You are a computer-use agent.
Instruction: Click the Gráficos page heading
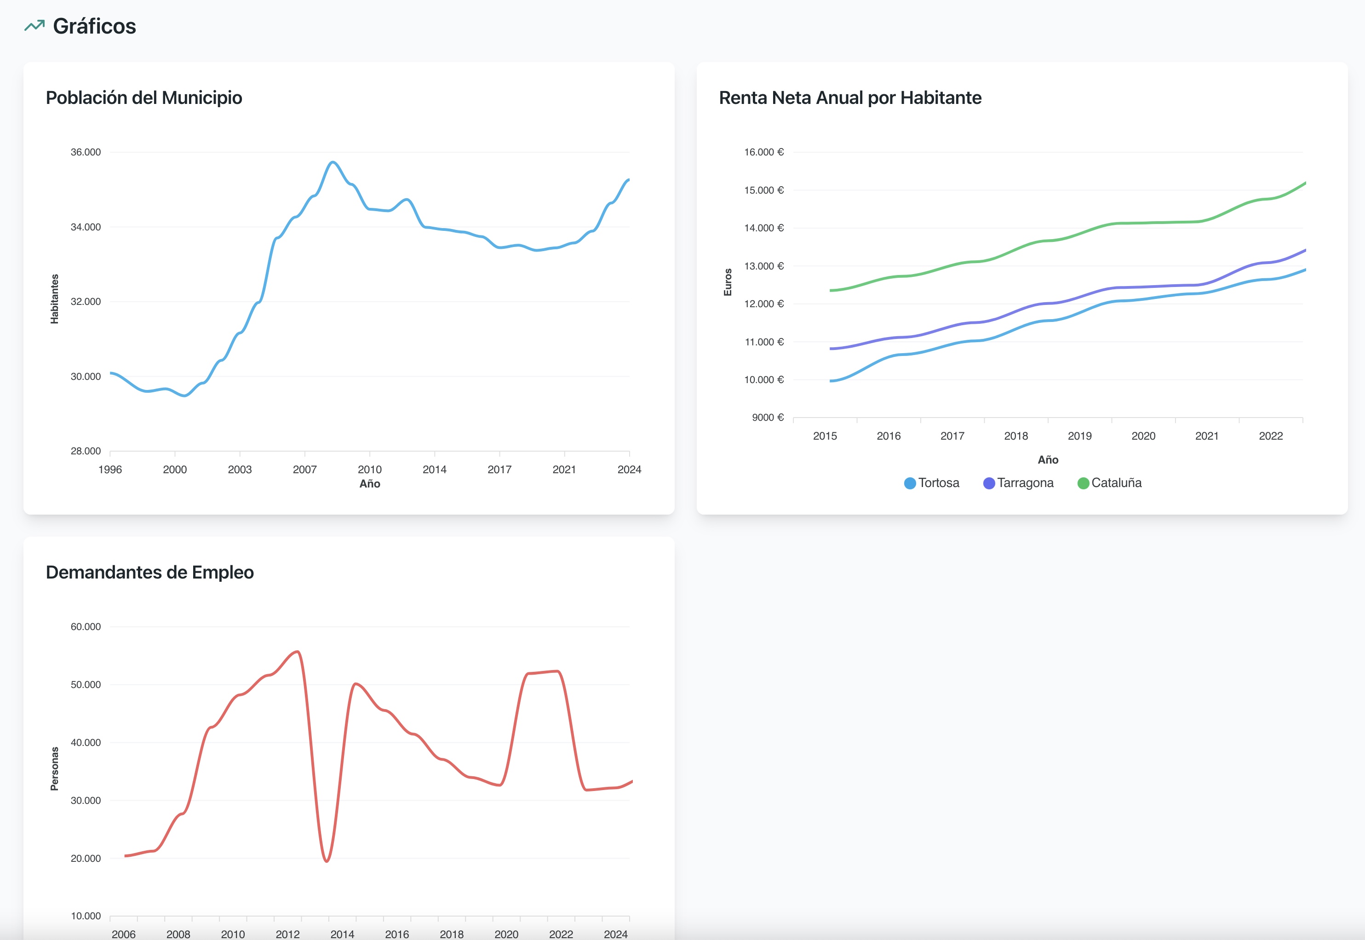point(94,27)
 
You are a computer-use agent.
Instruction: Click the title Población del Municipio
point(143,98)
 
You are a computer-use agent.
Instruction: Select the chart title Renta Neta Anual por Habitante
point(850,98)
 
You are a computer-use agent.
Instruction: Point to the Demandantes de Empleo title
point(149,573)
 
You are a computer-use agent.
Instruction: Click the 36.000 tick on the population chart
point(86,152)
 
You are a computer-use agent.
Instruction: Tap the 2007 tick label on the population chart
point(304,470)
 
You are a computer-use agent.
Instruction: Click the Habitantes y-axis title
point(55,298)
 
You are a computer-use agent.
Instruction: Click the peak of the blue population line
point(333,162)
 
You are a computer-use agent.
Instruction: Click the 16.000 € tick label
point(764,152)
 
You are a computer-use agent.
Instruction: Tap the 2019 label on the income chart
point(1079,436)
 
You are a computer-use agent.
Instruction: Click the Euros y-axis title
point(728,282)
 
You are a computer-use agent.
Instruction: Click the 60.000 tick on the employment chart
point(86,627)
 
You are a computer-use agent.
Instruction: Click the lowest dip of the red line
point(327,861)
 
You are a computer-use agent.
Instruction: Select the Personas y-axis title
point(55,768)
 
